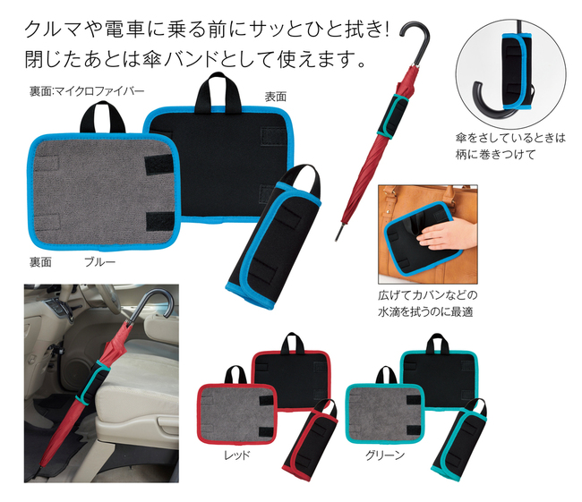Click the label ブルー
(x=100, y=262)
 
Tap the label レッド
(x=236, y=455)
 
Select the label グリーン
(x=385, y=455)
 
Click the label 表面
(x=275, y=97)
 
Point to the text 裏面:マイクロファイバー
(x=87, y=91)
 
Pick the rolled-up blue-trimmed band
(x=274, y=236)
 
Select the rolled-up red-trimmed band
(x=311, y=440)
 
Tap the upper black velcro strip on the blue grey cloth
(x=158, y=163)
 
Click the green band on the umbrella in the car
(x=92, y=382)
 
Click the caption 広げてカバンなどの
(x=428, y=295)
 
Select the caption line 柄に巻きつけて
(x=495, y=154)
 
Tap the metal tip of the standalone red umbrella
(x=338, y=233)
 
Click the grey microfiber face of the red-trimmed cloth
(x=237, y=413)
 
